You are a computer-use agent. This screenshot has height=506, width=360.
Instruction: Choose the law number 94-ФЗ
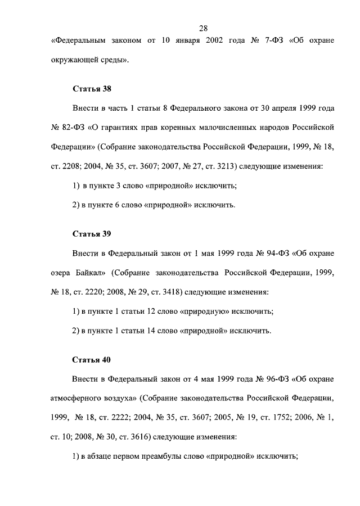pyautogui.click(x=277, y=254)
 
